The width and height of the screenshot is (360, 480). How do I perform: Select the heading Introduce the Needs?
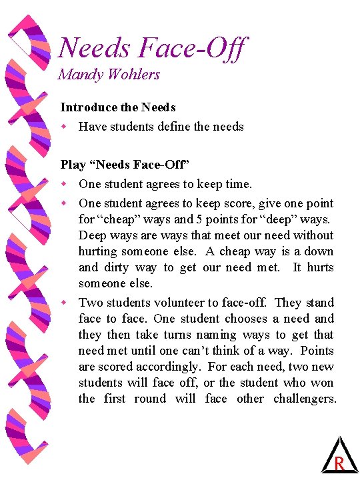coord(118,107)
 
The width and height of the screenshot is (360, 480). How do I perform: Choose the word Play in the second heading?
coord(72,164)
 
